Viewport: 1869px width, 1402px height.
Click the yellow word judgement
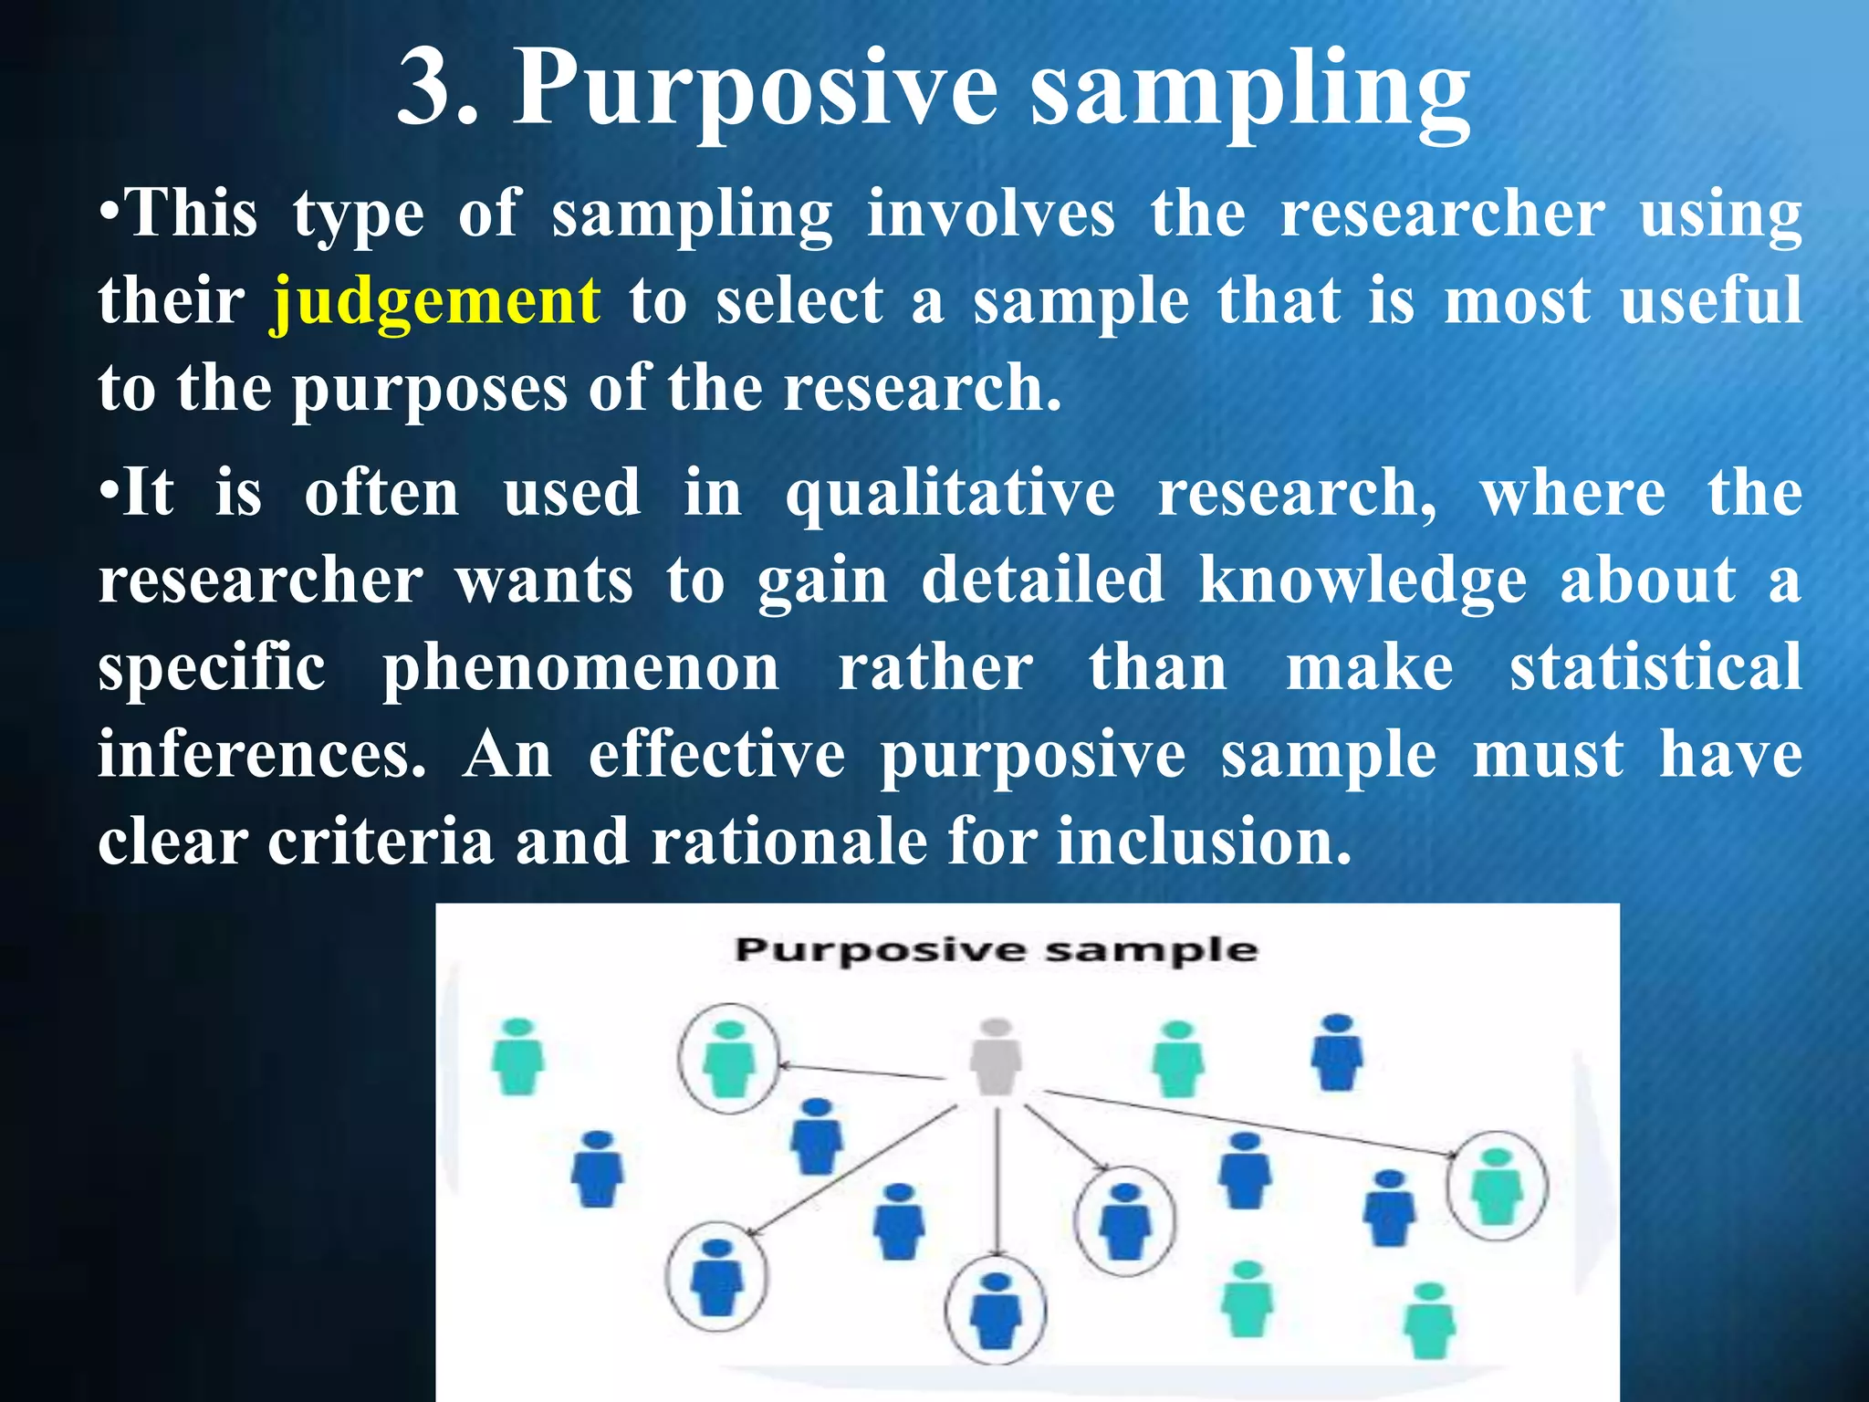[436, 302]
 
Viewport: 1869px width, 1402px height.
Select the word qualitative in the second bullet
[950, 494]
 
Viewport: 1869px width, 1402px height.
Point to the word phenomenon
[580, 668]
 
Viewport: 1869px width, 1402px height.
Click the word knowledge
[1363, 581]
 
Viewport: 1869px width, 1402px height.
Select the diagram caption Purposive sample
[997, 950]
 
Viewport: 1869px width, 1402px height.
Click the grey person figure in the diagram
[997, 1057]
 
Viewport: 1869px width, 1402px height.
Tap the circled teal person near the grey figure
[728, 1059]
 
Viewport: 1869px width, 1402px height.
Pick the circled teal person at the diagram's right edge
[1497, 1186]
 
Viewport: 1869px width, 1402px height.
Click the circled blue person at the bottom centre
[995, 1311]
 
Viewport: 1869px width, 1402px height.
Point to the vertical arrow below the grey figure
[997, 1187]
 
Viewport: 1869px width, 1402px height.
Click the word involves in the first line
[990, 214]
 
